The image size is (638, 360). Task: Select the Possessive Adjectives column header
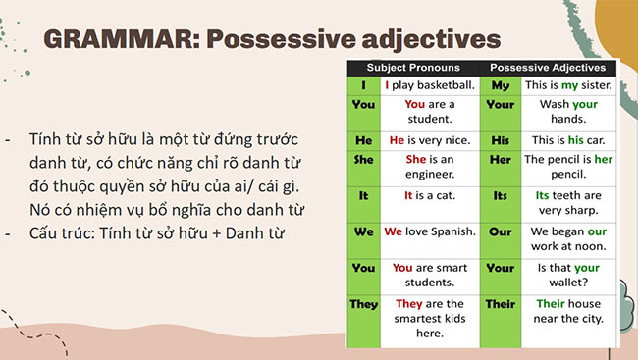[548, 68]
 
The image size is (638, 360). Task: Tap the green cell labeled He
[363, 140]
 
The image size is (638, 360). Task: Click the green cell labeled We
[363, 231]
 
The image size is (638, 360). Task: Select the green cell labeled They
[363, 304]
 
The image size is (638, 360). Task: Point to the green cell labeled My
[500, 85]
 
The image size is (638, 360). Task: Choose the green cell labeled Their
[500, 304]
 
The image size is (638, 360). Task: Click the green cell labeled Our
[500, 231]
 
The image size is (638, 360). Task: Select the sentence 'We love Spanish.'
[429, 231]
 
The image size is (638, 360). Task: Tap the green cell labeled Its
[500, 195]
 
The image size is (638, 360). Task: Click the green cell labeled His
[500, 140]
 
